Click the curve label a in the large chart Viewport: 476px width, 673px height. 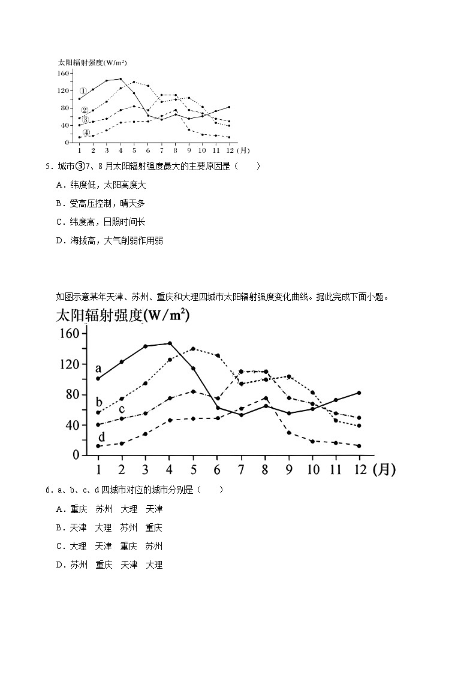coord(98,367)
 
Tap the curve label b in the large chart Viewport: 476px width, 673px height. coord(99,402)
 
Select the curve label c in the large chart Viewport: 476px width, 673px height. coord(121,409)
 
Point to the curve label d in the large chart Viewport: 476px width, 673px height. coord(101,437)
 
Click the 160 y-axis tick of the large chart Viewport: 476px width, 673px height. coord(68,334)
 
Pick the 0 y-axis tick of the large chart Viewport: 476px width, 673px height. coord(76,455)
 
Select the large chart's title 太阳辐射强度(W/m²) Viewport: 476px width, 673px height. coord(122,315)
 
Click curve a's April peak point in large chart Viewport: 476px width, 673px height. coord(170,343)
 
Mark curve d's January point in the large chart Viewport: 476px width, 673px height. coord(98,446)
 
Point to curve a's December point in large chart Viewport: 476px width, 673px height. coord(358,393)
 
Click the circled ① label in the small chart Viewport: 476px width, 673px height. coord(84,91)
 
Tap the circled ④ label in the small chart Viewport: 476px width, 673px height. coord(86,132)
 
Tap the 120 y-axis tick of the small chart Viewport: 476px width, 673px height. coord(64,90)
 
